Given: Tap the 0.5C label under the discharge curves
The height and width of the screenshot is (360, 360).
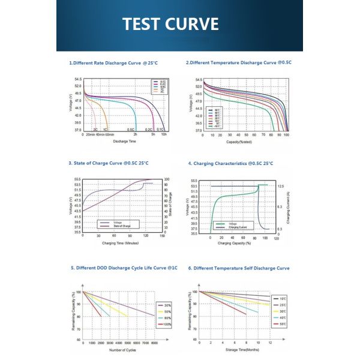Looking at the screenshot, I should [x=131, y=130].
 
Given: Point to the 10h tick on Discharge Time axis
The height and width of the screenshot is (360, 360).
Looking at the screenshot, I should [x=164, y=135].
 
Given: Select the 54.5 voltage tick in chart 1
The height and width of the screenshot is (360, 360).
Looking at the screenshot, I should [x=78, y=79].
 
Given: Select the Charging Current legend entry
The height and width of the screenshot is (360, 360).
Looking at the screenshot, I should [x=238, y=228].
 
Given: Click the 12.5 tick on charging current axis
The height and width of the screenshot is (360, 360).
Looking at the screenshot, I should [x=280, y=187].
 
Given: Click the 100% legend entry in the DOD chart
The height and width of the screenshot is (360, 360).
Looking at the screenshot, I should [x=166, y=324].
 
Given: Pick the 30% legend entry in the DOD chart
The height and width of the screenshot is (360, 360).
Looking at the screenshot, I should [x=166, y=305].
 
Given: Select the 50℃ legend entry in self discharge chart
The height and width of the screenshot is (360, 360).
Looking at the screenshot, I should [x=283, y=324].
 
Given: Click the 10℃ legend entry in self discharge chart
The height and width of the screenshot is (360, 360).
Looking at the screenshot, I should [x=283, y=298].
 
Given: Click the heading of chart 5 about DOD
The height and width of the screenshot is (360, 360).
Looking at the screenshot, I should [x=124, y=268].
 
